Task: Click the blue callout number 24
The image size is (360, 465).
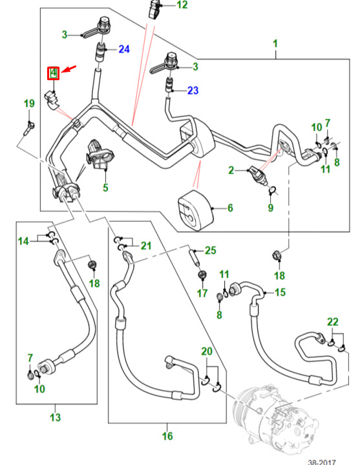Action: point(124,49)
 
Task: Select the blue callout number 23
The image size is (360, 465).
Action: point(193,90)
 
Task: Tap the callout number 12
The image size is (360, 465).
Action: point(182,5)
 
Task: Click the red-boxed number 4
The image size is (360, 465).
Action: point(54,73)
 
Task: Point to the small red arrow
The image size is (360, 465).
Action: point(69,70)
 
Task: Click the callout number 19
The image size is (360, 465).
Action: point(29,103)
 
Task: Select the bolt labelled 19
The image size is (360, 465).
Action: point(28,128)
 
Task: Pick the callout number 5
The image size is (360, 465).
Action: point(105,188)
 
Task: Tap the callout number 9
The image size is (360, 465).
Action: point(270,208)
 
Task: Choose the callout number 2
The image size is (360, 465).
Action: point(231,170)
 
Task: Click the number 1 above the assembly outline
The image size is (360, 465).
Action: point(275,43)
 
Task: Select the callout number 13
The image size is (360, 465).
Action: point(55,417)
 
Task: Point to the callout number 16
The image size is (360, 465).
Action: point(167,436)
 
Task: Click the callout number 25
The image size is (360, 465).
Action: point(210,250)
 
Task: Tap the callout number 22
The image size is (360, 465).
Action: point(333,322)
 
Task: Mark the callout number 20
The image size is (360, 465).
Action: point(207,351)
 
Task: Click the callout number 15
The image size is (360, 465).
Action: point(280,292)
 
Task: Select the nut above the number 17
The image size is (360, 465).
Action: point(202,276)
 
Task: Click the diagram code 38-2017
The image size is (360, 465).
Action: point(322,462)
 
